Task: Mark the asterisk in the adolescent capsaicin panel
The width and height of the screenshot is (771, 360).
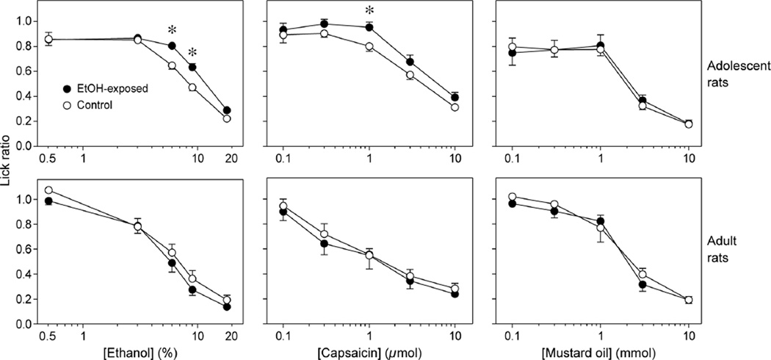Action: pyautogui.click(x=369, y=10)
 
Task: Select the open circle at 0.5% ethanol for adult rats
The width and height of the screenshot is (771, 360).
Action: pyautogui.click(x=48, y=190)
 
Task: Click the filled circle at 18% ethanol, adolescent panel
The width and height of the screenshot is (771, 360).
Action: pyautogui.click(x=227, y=110)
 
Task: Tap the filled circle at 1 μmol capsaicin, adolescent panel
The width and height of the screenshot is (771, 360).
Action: pyautogui.click(x=369, y=27)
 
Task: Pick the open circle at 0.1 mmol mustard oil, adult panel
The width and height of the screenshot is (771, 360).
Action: pyautogui.click(x=513, y=197)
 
